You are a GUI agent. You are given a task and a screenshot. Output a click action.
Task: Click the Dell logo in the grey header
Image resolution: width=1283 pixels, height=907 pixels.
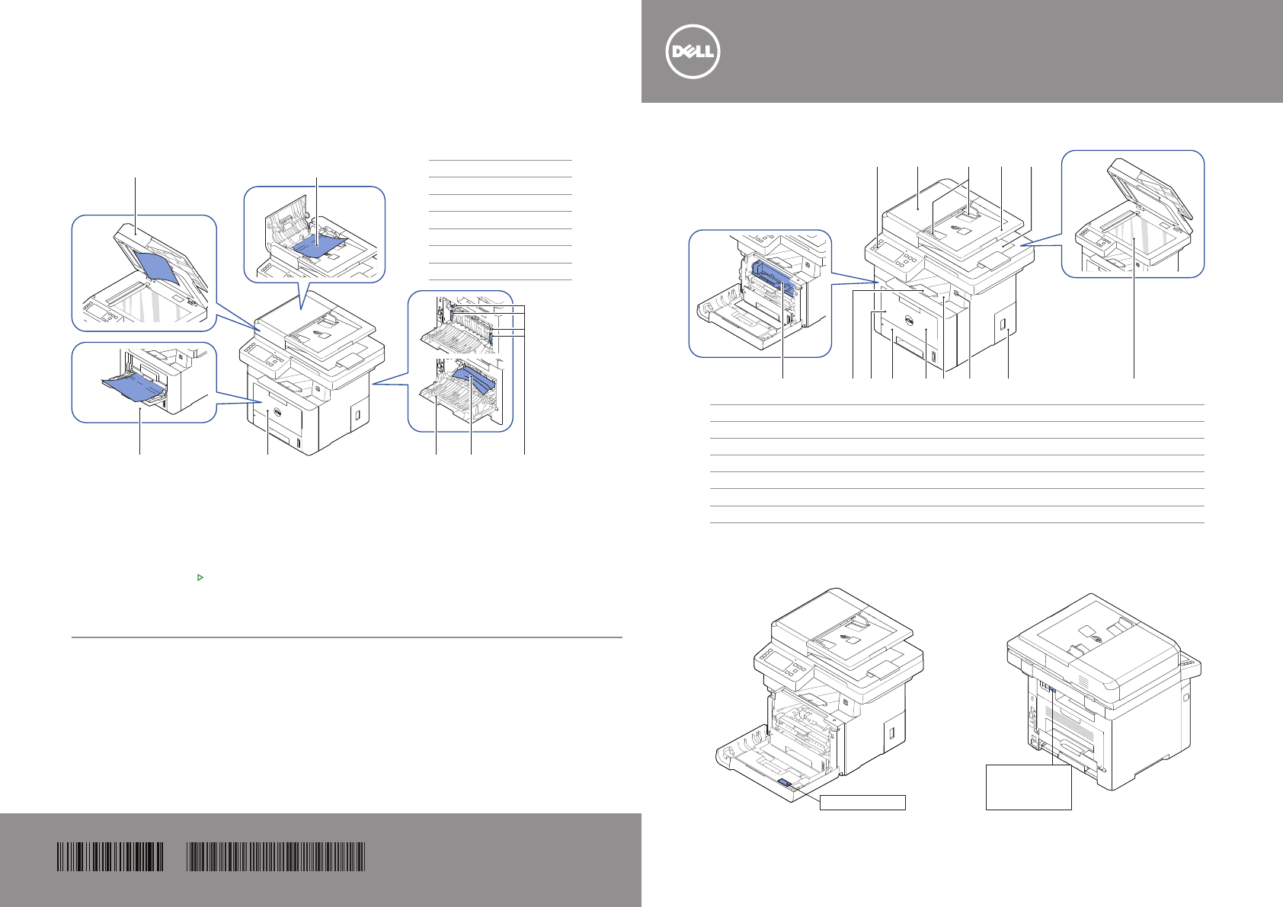693,52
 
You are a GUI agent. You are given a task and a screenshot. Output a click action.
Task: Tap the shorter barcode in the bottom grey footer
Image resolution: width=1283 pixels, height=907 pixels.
110,857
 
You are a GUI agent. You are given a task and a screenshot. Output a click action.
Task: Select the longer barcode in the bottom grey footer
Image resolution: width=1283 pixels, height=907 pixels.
276,857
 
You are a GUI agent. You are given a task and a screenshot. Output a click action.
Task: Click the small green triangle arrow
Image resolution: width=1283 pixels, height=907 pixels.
200,578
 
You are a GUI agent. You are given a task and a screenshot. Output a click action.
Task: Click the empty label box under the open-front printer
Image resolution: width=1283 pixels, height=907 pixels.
862,802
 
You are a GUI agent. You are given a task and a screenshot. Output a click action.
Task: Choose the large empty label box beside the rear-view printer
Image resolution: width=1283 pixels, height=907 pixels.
1029,787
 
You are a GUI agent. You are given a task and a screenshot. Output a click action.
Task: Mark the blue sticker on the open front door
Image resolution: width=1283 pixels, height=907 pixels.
786,783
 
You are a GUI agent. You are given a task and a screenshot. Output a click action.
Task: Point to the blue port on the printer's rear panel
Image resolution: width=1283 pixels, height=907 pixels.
1051,690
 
